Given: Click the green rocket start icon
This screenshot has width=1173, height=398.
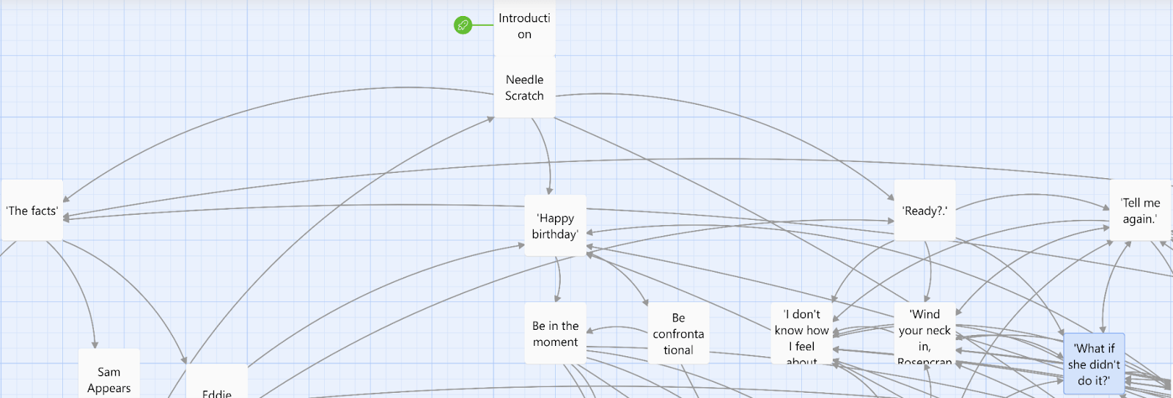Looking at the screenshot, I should tap(463, 26).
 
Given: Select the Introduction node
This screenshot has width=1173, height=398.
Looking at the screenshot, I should tap(524, 26).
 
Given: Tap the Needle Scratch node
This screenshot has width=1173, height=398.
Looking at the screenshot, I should tap(524, 87).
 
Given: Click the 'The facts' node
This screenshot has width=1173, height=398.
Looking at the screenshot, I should tap(32, 211).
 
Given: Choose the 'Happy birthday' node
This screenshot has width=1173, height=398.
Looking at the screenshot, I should tap(555, 226).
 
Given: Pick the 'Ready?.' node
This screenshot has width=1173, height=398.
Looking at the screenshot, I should tap(924, 211).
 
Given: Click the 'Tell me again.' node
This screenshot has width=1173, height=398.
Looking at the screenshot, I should tap(1140, 211).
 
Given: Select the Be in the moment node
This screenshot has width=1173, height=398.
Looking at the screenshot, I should tap(555, 333).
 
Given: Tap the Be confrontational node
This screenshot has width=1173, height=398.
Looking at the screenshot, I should tap(678, 333).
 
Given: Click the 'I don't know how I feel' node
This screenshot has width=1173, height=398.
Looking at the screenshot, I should tap(801, 333).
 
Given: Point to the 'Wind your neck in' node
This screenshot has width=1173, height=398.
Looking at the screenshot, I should tap(924, 333).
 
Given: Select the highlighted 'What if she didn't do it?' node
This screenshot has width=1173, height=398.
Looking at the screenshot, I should tap(1094, 364).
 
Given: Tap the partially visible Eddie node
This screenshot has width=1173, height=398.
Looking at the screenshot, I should tap(217, 388).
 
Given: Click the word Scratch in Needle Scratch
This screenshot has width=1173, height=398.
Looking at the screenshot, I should tap(524, 96).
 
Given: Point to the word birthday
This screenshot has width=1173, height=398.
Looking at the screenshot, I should tap(555, 235).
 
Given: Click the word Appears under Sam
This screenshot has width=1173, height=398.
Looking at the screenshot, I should tap(109, 388).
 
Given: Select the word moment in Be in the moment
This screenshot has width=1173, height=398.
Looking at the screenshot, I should tap(555, 342).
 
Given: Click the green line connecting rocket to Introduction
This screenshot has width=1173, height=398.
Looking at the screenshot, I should tap(482, 26).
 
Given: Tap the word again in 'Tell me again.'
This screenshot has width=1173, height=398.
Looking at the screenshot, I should tap(1140, 219).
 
